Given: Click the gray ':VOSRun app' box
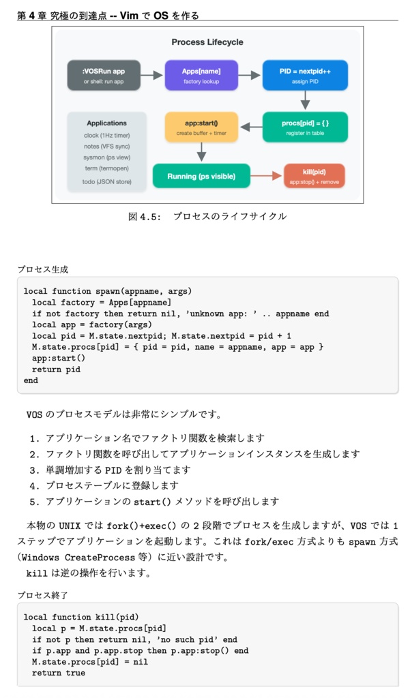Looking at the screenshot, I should [x=104, y=75].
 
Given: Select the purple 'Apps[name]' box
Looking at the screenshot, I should [x=201, y=75].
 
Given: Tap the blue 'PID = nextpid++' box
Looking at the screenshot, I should [x=304, y=75].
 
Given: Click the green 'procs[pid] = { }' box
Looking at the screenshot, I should [x=304, y=127].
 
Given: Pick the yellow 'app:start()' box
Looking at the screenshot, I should [x=201, y=127].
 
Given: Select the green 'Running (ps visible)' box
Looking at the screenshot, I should [x=201, y=176].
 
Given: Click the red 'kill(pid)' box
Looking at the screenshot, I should [x=314, y=176].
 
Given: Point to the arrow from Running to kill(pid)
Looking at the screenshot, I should [x=267, y=176].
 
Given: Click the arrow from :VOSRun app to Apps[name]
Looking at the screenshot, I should [x=152, y=75].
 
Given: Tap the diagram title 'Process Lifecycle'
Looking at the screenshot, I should [x=207, y=42].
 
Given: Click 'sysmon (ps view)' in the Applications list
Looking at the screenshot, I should [x=106, y=157].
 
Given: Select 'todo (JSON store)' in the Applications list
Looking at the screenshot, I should [x=106, y=182].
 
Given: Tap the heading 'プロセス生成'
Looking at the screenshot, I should [x=42, y=269].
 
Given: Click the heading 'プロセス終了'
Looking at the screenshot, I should [x=42, y=595].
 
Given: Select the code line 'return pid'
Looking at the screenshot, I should [x=56, y=369].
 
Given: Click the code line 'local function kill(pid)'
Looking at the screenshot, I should [x=81, y=617].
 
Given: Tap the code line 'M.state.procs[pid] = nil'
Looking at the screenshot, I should [x=85, y=661].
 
